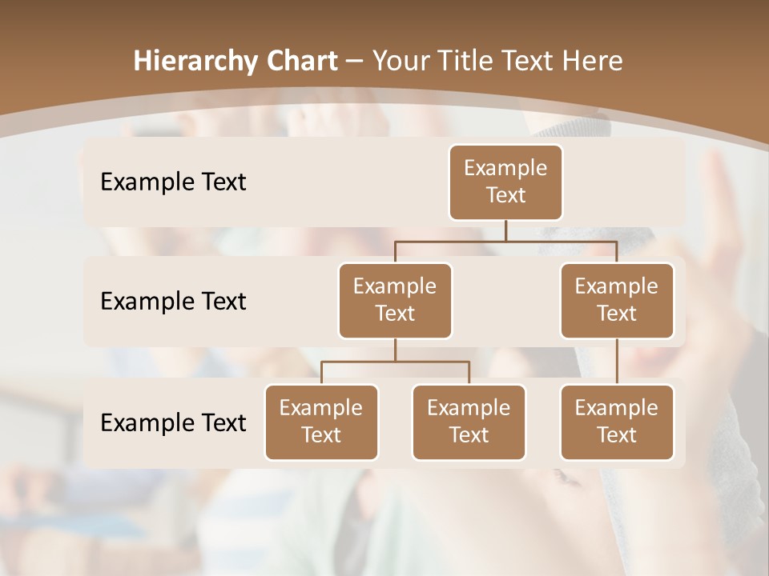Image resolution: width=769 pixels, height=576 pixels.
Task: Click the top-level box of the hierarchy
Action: pyautogui.click(x=505, y=182)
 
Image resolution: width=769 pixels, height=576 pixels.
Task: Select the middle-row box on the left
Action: pyautogui.click(x=395, y=301)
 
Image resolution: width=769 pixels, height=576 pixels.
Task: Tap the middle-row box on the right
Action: pyautogui.click(x=617, y=301)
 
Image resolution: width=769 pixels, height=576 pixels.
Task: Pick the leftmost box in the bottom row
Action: pyautogui.click(x=321, y=422)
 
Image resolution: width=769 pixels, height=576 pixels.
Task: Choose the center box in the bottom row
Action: pyautogui.click(x=469, y=422)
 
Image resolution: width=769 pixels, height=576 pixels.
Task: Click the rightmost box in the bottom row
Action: pyautogui.click(x=617, y=422)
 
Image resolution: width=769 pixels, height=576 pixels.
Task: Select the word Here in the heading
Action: pyautogui.click(x=593, y=62)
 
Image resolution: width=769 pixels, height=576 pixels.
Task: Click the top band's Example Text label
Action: pyautogui.click(x=173, y=182)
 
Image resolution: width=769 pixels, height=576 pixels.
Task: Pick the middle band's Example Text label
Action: pyautogui.click(x=173, y=302)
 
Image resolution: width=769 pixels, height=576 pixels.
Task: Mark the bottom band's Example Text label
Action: pyautogui.click(x=173, y=422)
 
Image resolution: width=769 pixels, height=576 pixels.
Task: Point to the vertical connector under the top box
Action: pyautogui.click(x=505, y=230)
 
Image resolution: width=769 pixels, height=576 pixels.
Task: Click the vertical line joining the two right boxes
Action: pyautogui.click(x=617, y=362)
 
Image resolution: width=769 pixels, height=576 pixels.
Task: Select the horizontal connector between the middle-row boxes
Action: pyautogui.click(x=505, y=241)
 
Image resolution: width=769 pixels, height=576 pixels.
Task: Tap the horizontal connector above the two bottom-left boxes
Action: pyautogui.click(x=395, y=362)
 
